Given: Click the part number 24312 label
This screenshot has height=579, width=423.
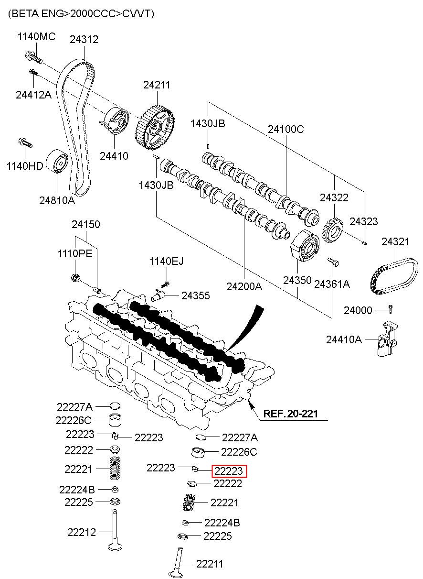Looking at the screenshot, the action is coord(84,39).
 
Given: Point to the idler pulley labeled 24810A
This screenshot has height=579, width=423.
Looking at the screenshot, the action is coord(57,161).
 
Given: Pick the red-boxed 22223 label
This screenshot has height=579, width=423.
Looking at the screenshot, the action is coord(229,471).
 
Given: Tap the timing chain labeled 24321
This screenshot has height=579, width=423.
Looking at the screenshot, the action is coord(393,276).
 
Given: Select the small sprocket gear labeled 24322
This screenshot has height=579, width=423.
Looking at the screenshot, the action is coord(333,230).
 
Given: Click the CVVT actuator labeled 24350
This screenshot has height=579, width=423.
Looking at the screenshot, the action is coord(305,246).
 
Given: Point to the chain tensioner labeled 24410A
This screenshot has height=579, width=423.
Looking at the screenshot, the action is coord(386,339).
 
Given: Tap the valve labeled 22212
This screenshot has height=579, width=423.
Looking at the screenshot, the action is coord(115,530).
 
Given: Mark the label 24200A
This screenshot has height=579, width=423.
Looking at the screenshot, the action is coord(244,286).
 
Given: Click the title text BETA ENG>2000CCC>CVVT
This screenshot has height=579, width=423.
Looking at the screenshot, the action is coord(81,13).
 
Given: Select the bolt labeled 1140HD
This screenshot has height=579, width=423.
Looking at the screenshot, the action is coord(25,143).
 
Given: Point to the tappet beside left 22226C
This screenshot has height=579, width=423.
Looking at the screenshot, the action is coord(115,420).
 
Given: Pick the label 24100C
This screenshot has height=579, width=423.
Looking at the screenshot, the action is coord(286,129).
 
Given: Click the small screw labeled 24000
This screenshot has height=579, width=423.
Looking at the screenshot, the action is coord(391,309).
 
